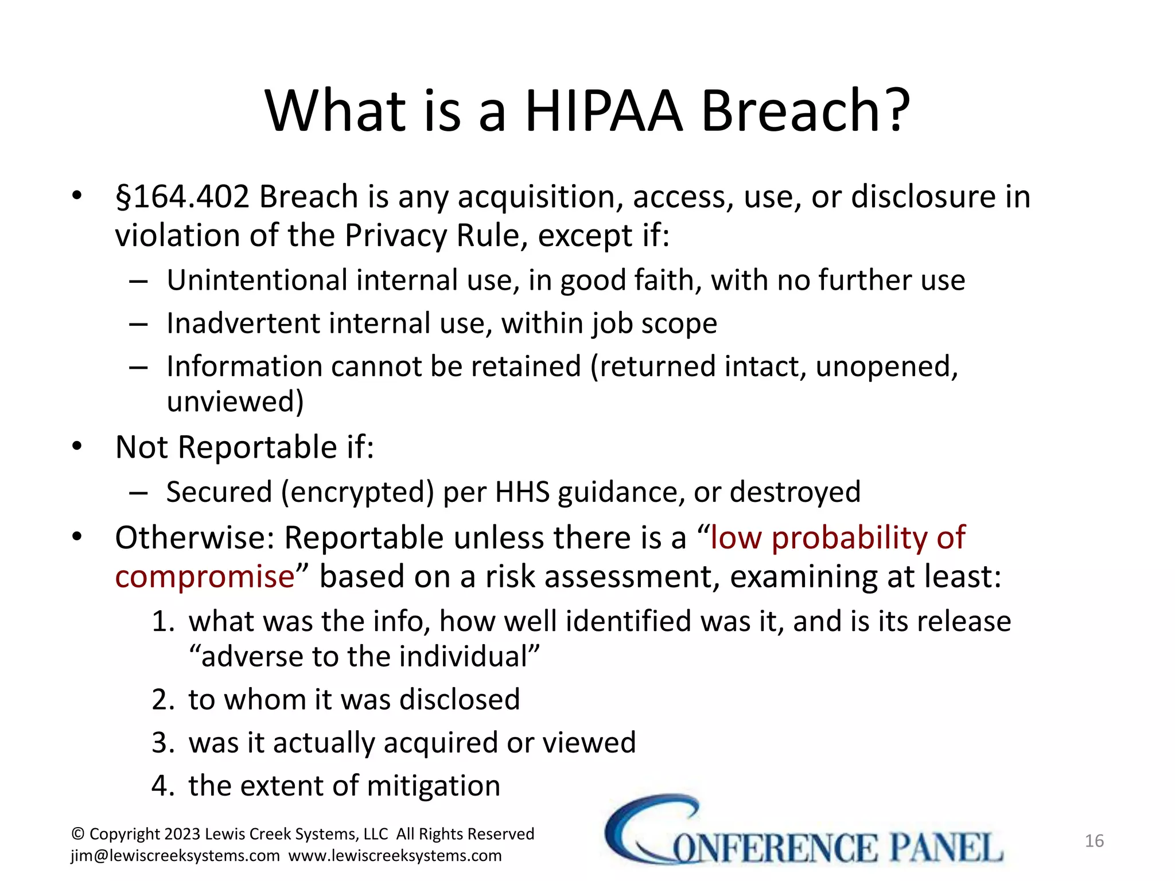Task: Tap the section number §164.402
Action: point(182,197)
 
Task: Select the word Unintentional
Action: point(257,280)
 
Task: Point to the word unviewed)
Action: point(235,401)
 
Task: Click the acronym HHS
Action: point(522,492)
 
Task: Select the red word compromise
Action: point(205,576)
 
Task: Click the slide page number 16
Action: point(1094,841)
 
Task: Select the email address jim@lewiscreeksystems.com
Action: point(175,856)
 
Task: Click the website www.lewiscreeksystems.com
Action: point(395,856)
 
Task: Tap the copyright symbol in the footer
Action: point(77,834)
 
